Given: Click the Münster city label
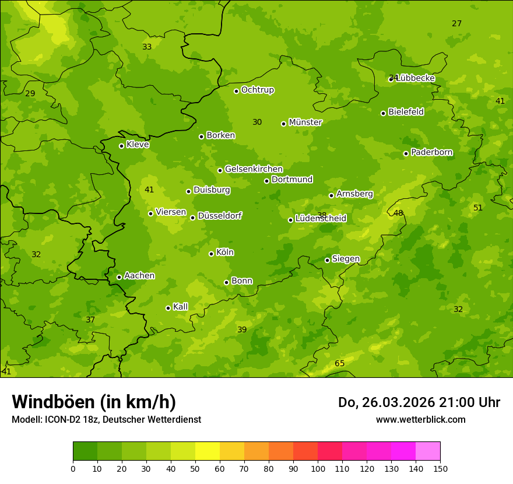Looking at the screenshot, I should click(305, 122).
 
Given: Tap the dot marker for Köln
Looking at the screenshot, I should click(211, 254).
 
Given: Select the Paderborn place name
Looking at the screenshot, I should click(431, 152).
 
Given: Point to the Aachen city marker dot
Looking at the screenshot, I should click(119, 277).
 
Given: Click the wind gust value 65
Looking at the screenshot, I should click(339, 364).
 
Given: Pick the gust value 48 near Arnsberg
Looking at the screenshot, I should click(398, 213).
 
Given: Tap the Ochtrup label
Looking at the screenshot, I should click(257, 90).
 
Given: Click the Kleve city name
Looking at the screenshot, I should click(138, 145).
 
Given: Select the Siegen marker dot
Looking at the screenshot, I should click(327, 260).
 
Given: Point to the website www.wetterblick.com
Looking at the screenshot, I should click(420, 419).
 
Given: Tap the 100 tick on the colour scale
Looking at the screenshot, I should click(318, 468).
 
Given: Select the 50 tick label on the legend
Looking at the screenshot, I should click(195, 468).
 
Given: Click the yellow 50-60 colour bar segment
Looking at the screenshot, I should click(208, 451).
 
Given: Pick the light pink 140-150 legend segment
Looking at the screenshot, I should click(428, 451).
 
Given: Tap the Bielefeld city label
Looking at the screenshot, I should click(406, 112).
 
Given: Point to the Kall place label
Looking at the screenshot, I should click(180, 307).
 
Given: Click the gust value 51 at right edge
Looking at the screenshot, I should click(478, 208).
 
